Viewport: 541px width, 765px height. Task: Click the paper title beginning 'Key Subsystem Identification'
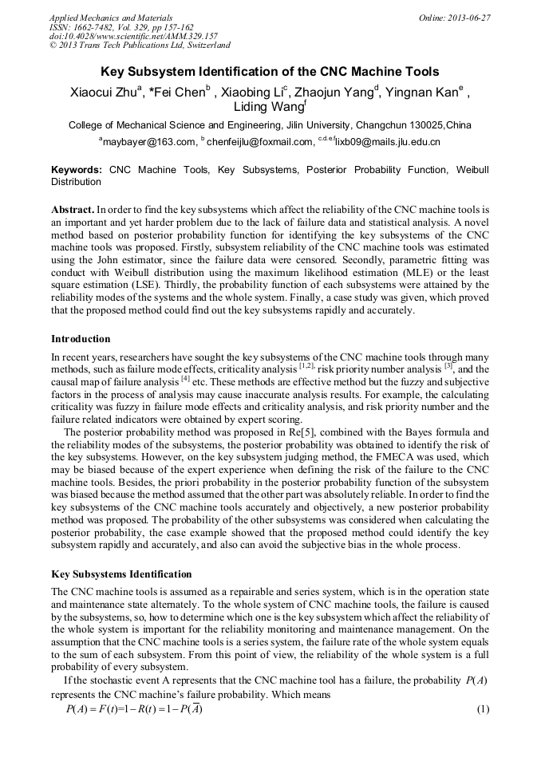tap(270, 71)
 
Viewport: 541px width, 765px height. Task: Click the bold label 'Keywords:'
tap(76, 170)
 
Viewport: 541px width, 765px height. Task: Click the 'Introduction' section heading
tap(81, 339)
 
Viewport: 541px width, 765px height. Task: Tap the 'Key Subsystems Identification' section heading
tap(121, 574)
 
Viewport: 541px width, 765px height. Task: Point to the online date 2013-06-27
tap(470, 18)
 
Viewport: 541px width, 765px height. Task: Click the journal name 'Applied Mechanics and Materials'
tap(110, 18)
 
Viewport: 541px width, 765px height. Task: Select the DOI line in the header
tap(133, 36)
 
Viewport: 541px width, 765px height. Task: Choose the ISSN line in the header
tap(121, 26)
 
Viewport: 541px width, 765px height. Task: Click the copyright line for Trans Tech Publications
tap(140, 45)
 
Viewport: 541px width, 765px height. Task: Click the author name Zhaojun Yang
tap(338, 91)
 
